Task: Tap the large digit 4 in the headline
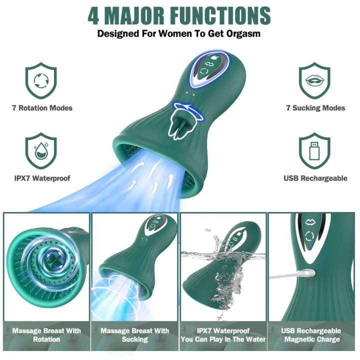point(93,15)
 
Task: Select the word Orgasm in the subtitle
point(243,33)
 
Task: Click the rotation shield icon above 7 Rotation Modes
point(41,80)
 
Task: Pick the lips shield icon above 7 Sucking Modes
point(314,80)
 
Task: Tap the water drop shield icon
point(41,150)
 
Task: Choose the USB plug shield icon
point(314,150)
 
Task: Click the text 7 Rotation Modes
point(42,108)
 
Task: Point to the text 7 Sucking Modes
point(315,108)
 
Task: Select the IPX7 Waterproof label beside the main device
point(42,178)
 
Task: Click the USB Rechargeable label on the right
point(315,178)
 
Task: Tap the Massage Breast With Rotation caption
point(46,335)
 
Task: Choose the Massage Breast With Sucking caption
point(135,335)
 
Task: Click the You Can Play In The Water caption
point(223,339)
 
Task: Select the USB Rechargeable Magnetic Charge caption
point(312,335)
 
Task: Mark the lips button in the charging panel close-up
point(310,222)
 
